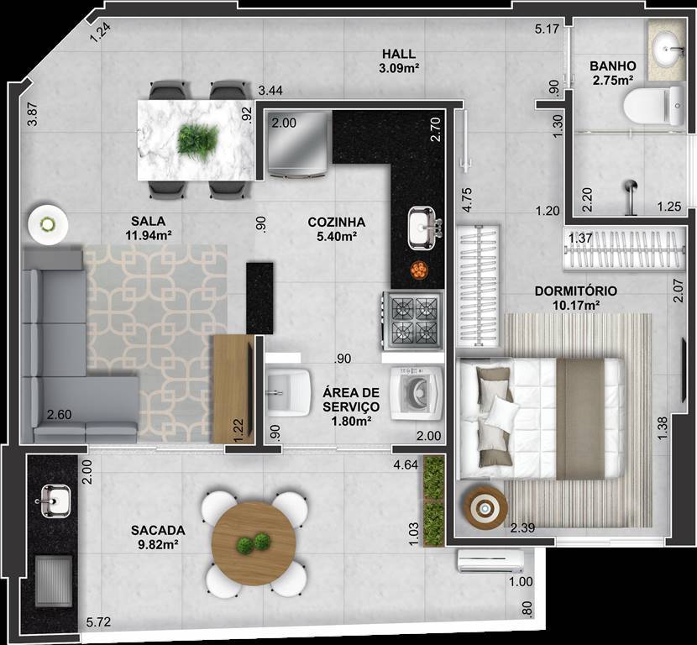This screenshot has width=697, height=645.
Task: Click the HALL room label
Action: click(x=399, y=55)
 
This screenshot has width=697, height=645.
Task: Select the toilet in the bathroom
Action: click(x=653, y=106)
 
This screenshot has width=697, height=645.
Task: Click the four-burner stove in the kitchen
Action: click(x=413, y=321)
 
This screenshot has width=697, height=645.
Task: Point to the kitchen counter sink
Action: click(x=422, y=228)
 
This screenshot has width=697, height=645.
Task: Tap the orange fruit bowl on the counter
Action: click(x=419, y=270)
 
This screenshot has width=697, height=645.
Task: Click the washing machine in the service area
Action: click(x=417, y=393)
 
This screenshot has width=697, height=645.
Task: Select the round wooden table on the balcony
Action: click(x=254, y=543)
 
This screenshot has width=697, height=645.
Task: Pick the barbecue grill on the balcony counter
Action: click(x=54, y=580)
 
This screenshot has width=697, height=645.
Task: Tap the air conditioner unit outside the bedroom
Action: click(x=490, y=561)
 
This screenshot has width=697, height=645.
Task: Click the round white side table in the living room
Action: click(x=48, y=224)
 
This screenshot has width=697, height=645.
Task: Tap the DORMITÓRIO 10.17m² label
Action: click(x=575, y=298)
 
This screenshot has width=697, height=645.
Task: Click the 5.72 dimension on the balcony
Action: click(x=98, y=621)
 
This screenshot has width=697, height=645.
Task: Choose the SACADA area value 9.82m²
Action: click(x=158, y=543)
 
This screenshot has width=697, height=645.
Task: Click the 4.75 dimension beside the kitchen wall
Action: click(x=467, y=200)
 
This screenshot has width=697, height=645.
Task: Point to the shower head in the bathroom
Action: click(x=630, y=197)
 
